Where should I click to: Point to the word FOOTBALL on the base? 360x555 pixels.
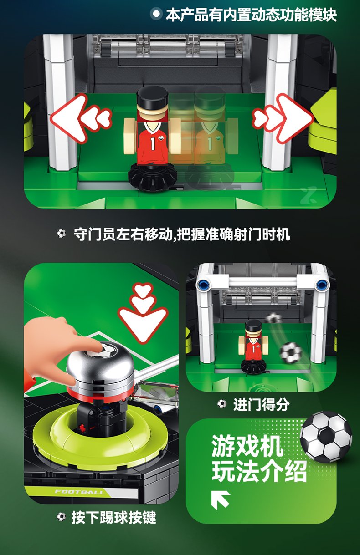click(79, 492)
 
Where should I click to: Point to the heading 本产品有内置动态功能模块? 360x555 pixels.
click(251, 15)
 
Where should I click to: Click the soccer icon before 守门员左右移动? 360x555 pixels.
click(61, 234)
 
